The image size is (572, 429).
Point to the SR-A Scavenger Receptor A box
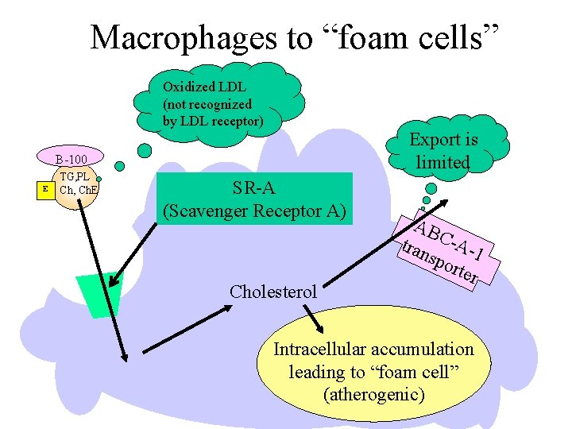[254, 199]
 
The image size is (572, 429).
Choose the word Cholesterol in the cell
[274, 291]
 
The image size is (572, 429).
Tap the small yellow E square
[46, 189]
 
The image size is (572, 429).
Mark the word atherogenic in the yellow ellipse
[373, 394]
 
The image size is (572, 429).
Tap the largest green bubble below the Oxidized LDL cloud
[145, 149]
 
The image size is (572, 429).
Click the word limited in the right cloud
[443, 162]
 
